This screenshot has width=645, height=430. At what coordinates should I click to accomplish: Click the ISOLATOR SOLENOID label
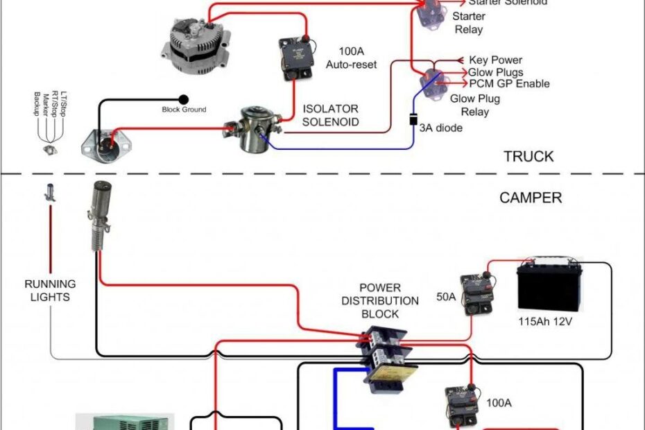[331, 115]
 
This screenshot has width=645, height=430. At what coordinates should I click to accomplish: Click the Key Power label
[495, 60]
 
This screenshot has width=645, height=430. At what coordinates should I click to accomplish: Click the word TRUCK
[528, 157]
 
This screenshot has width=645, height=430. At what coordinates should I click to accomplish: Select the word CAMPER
[531, 198]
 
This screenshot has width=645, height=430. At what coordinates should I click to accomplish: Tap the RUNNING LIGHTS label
[50, 290]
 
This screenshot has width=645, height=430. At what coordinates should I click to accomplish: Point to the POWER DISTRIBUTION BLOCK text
[389, 300]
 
